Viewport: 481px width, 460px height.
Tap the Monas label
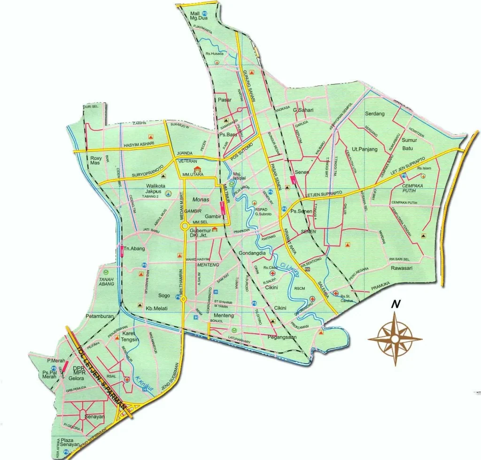tap(201, 199)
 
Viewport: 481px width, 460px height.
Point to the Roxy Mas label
tap(96, 161)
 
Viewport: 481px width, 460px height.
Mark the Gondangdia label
tap(253, 253)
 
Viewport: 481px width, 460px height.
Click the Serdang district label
tap(375, 114)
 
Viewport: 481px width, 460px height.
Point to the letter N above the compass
tap(396, 304)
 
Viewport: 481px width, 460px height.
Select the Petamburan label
tap(100, 317)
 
